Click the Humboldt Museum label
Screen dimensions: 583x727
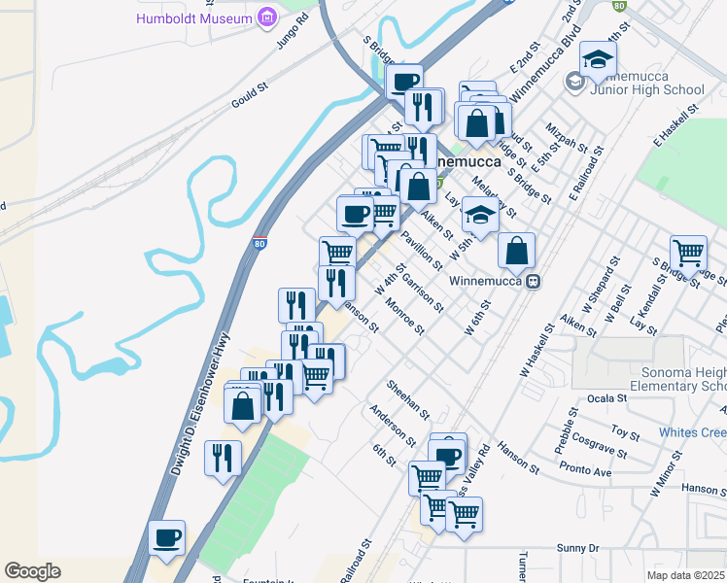pos(195,18)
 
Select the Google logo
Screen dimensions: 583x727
pos(32,571)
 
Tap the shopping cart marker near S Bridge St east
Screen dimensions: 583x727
pos(688,253)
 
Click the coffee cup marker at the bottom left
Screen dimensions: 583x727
pos(166,537)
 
